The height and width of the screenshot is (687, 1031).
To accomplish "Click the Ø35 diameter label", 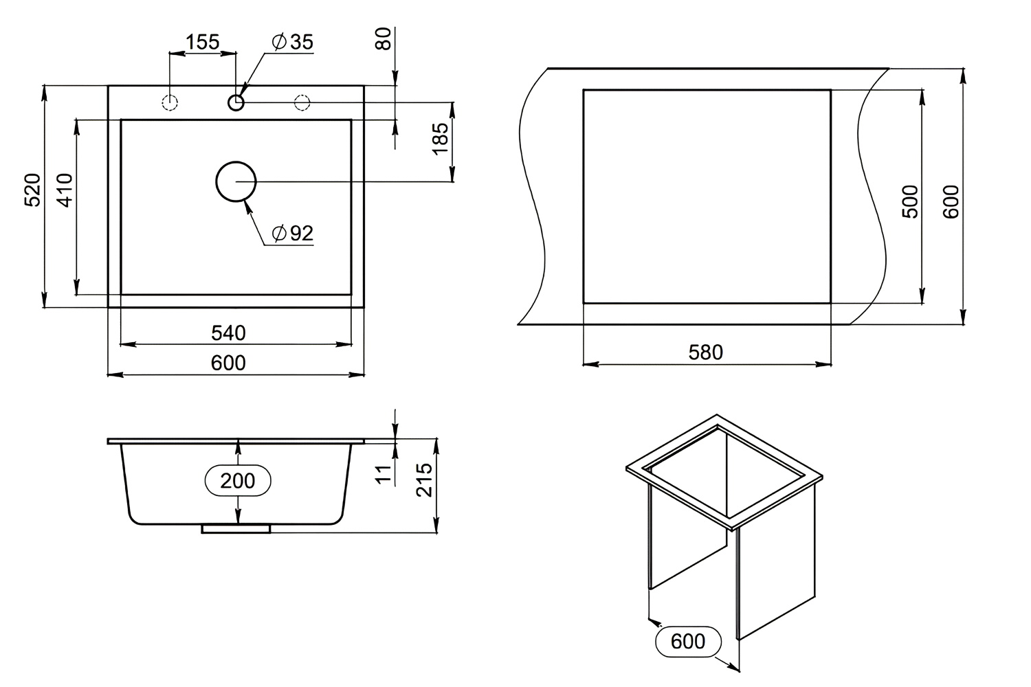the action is pyautogui.click(x=293, y=42).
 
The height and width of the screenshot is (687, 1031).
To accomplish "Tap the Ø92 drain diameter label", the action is pyautogui.click(x=293, y=234).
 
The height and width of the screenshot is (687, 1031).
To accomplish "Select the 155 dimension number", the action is pyautogui.click(x=203, y=42).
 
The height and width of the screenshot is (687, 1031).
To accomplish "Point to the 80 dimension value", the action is pyautogui.click(x=384, y=38).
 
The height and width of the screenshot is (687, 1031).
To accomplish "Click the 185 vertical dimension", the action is pyautogui.click(x=441, y=139).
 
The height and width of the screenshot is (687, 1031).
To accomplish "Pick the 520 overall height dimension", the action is pyautogui.click(x=33, y=190).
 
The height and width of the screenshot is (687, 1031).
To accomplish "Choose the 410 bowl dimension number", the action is pyautogui.click(x=65, y=190).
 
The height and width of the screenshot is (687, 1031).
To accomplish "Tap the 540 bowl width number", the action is pyautogui.click(x=228, y=333).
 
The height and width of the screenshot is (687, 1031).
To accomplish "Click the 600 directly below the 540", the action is pyautogui.click(x=228, y=363).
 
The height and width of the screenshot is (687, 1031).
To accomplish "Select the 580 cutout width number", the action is pyautogui.click(x=706, y=352).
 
